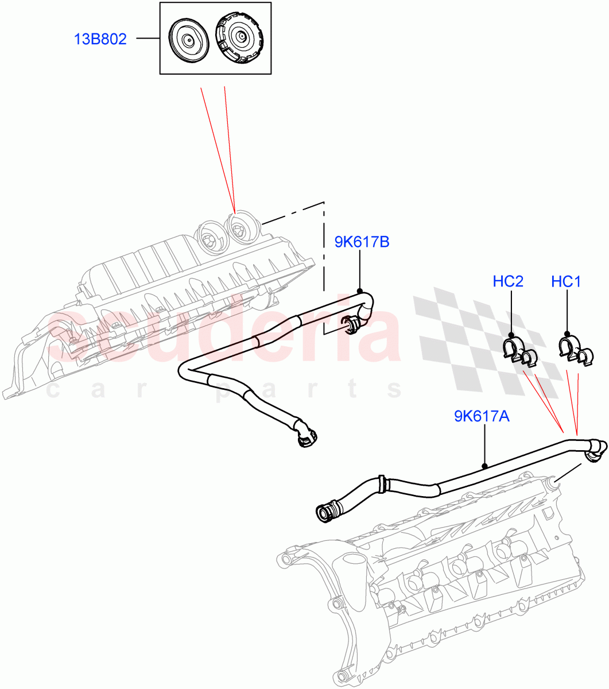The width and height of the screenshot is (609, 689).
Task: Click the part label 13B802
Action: (x=100, y=40)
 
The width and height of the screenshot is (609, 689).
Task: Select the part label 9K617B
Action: (x=362, y=242)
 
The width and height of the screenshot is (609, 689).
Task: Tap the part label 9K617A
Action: (x=482, y=416)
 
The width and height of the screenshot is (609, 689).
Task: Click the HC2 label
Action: (x=508, y=281)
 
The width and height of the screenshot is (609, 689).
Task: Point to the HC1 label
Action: (x=566, y=281)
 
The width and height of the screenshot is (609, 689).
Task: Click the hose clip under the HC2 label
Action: (x=519, y=352)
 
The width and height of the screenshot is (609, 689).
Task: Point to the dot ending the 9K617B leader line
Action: (x=360, y=291)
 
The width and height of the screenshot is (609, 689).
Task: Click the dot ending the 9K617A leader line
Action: (x=485, y=466)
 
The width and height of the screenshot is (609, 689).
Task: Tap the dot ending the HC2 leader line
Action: (x=510, y=334)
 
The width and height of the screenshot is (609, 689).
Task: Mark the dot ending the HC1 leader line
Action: (x=567, y=333)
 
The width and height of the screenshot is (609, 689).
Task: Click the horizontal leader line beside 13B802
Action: (x=148, y=39)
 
